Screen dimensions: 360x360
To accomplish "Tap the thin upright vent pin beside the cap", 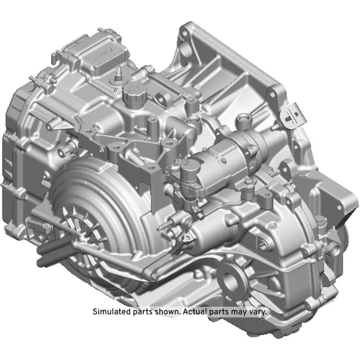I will coord(118,77).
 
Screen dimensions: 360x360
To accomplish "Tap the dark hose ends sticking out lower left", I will coord(45,256).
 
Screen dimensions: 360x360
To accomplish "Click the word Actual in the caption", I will coord(197,311).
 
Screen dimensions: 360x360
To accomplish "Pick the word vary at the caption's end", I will coord(257,311).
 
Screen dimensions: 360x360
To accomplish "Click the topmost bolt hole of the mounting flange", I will coord(183,34).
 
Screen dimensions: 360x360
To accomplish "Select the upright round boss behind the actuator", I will coord(243,119).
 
